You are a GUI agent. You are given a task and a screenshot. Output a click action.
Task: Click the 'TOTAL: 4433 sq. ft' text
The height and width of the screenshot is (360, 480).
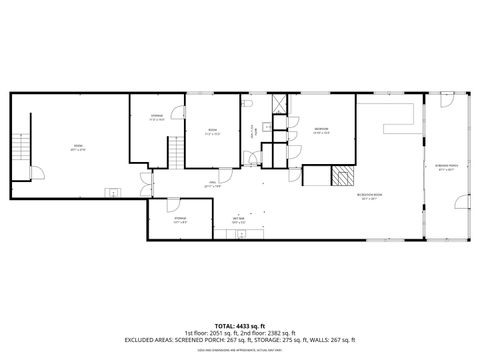240,325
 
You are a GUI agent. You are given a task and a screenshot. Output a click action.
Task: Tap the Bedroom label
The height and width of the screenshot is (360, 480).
321,129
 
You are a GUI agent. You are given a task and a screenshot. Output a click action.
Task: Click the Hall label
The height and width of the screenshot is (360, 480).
212,184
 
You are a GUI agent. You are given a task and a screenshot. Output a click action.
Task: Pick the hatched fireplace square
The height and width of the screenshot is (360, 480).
343,178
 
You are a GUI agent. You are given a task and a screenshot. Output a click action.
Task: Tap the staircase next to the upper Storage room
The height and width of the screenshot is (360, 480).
176,153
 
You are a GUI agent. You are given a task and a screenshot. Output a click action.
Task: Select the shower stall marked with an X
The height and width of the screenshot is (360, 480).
278,104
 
